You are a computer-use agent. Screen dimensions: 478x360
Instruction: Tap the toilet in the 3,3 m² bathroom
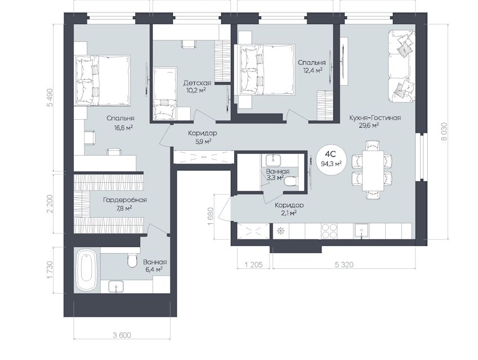click(x=290, y=182)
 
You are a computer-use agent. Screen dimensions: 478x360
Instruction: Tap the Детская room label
click(x=197, y=83)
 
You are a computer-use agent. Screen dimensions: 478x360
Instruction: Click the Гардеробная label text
click(x=125, y=200)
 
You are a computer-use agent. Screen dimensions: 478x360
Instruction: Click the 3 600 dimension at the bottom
click(x=122, y=335)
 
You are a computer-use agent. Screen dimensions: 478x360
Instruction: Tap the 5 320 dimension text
click(x=344, y=265)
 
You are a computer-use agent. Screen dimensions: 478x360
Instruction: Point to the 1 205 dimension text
click(x=253, y=265)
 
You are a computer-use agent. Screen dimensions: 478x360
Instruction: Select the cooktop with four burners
click(x=329, y=231)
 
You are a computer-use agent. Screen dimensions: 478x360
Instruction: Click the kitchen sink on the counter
click(x=361, y=231)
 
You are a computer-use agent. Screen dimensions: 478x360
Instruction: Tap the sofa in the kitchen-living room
click(x=401, y=66)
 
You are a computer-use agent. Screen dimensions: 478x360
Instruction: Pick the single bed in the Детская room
click(x=164, y=94)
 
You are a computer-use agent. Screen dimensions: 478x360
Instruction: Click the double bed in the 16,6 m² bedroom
click(x=103, y=80)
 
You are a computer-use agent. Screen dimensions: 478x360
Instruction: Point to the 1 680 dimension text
click(x=212, y=216)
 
